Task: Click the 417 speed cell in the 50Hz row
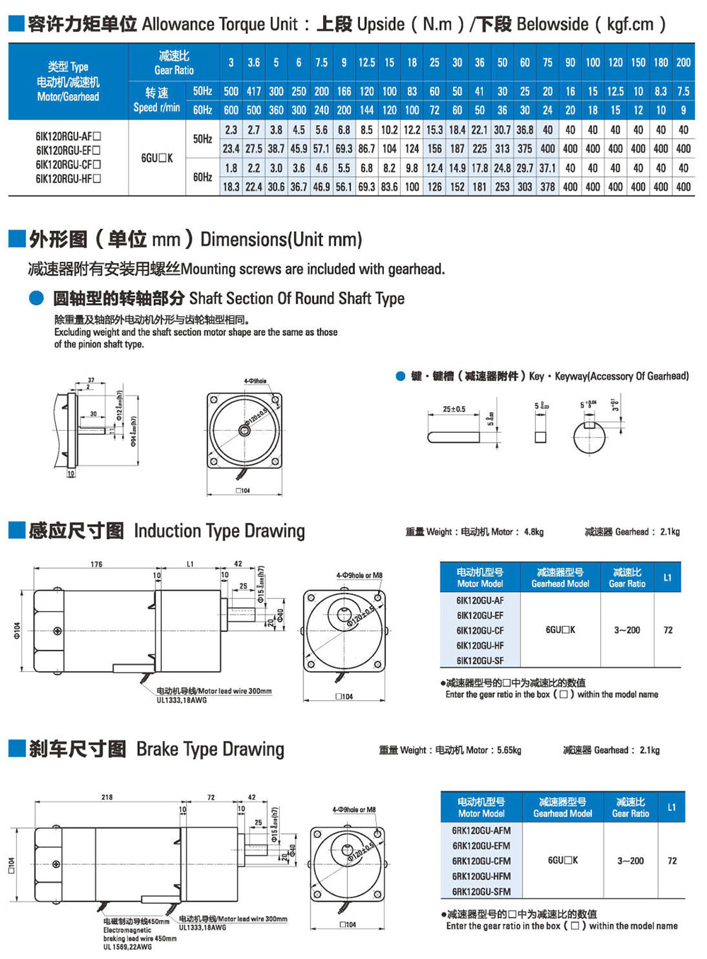[x=254, y=91]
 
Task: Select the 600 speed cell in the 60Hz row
[x=231, y=110]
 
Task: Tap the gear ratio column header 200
[x=683, y=62]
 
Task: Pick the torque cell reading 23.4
[x=231, y=149]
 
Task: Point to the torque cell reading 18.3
[x=231, y=187]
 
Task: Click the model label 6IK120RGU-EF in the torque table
[x=68, y=150]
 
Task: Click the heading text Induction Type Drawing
[x=219, y=531]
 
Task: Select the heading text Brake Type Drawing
[x=210, y=749]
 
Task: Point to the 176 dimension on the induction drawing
[x=96, y=564]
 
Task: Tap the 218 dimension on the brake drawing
[x=107, y=797]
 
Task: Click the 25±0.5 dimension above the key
[x=454, y=409]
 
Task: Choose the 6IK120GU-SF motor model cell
[x=480, y=661]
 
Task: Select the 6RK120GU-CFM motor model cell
[x=481, y=861]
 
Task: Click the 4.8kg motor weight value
[x=534, y=532]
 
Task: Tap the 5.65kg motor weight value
[x=509, y=750]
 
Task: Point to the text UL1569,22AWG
[x=127, y=947]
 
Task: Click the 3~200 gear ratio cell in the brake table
[x=630, y=861]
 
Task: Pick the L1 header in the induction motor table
[x=667, y=578]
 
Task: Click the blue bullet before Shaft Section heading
[x=37, y=298]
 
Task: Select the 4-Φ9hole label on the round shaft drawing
[x=255, y=381]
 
